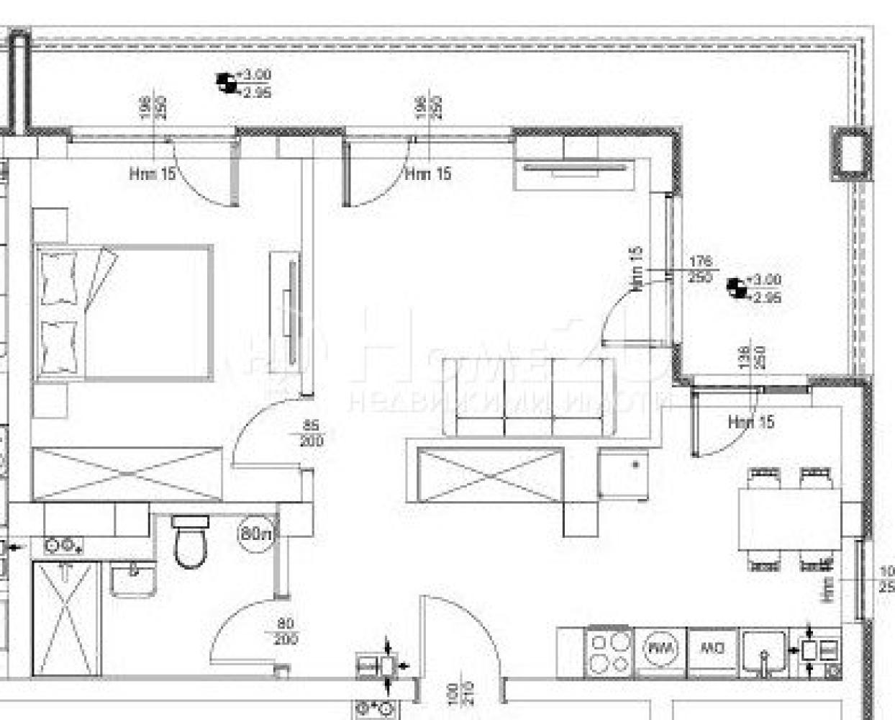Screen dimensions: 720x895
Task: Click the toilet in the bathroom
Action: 191,543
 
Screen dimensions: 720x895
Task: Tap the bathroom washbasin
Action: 132,580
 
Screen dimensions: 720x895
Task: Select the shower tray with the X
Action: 65,618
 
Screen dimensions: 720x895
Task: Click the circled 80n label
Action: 256,535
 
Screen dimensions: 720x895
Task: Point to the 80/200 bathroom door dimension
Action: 286,631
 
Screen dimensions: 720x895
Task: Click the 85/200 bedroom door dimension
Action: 311,434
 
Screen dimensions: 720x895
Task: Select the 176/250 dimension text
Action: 699,269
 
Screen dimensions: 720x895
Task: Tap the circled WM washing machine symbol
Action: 661,649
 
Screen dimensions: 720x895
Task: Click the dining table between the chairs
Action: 789,518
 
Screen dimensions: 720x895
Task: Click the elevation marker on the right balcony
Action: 735,288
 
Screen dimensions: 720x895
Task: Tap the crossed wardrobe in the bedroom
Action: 128,473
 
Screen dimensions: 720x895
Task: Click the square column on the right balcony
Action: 850,153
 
